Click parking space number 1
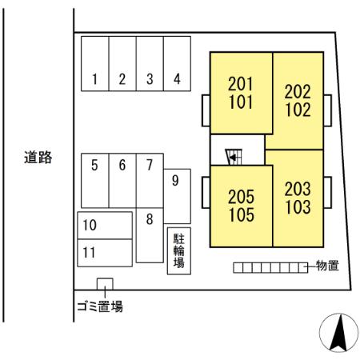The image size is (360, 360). click(95, 63)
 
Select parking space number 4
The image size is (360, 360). click(177, 63)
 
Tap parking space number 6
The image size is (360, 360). click(122, 181)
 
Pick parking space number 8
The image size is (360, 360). click(150, 235)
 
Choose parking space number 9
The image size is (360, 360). click(177, 196)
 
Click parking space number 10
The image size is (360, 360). click(105, 226)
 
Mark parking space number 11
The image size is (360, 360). click(105, 253)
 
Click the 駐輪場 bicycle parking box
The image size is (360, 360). click(179, 251)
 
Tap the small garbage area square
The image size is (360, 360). click(105, 284)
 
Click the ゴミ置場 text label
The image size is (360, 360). click(100, 306)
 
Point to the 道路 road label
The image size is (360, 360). click(38, 158)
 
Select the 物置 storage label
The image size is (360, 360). click(327, 266)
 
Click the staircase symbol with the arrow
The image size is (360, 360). click(234, 157)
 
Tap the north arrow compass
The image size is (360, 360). click(339, 333)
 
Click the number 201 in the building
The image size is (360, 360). click(240, 84)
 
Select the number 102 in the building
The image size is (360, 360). click(298, 110)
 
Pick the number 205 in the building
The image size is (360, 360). click(241, 197)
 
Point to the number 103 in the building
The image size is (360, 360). click(298, 207)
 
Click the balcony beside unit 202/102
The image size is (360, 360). click(328, 110)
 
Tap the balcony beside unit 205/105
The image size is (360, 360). click(206, 192)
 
